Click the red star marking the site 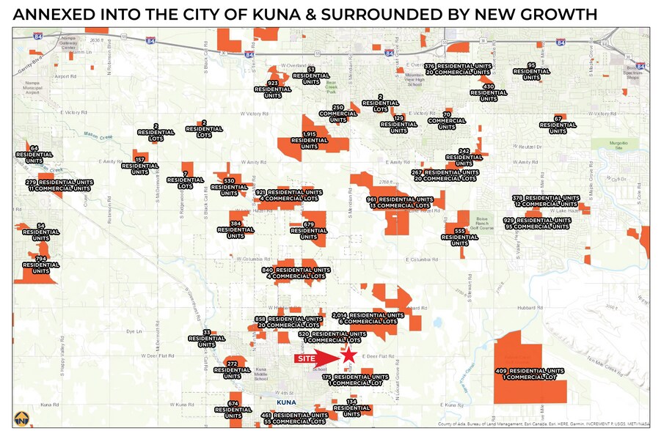coord(349,356)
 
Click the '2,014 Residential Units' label coord(368,318)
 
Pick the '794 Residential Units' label coord(41,263)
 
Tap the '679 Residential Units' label coord(309,229)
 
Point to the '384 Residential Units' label coord(235,228)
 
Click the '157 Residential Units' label coord(140,164)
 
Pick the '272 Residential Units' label coord(233,368)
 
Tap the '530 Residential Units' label coord(229,185)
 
